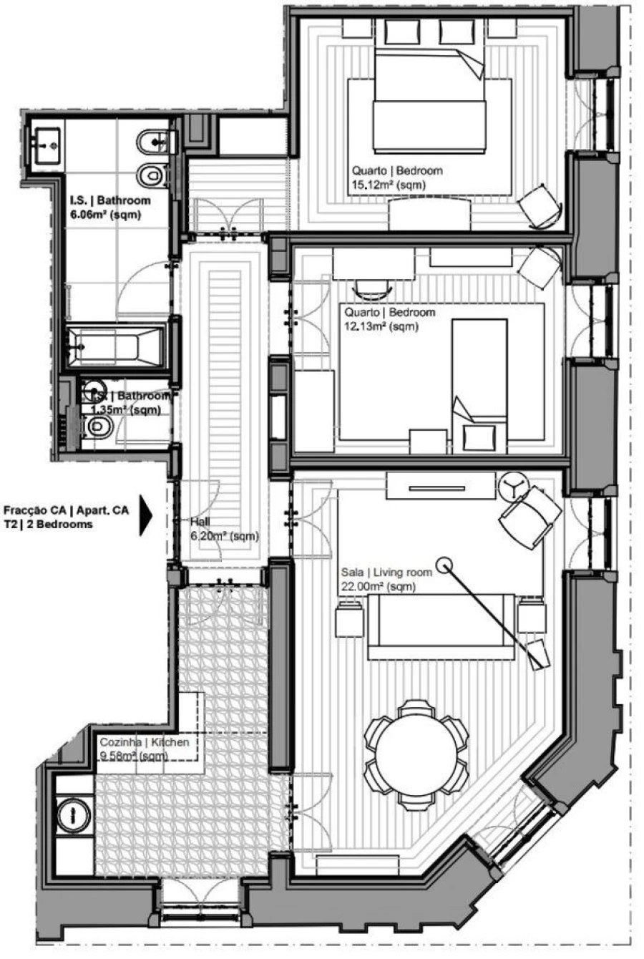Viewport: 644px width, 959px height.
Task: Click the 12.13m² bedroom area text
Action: [381, 326]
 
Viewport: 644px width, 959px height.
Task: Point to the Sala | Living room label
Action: [386, 573]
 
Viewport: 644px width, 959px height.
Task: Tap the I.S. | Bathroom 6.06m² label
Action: [110, 208]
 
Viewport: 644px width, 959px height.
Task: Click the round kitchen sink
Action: [73, 814]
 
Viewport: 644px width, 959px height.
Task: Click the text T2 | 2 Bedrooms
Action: [48, 524]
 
